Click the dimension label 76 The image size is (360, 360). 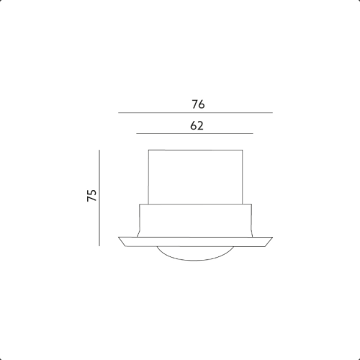click(198, 104)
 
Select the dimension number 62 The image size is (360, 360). click(197, 126)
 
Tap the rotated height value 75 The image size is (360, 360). click(91, 195)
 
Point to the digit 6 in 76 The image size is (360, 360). click(202, 104)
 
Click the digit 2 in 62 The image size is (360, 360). click(200, 126)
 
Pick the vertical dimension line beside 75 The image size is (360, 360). click(99, 198)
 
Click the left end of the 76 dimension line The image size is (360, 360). click(118, 112)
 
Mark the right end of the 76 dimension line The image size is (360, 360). click(273, 112)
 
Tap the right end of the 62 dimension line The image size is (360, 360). click(253, 133)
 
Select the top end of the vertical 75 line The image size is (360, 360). click(99, 150)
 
